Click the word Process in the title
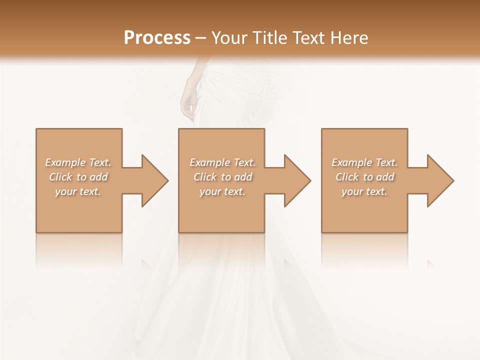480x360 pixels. (157, 38)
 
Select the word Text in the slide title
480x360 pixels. (309, 38)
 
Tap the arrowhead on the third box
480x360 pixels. (439, 180)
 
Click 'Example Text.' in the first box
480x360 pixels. (78, 162)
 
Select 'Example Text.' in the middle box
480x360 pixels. (222, 162)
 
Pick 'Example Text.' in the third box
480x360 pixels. (364, 162)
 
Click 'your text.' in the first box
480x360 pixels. (78, 191)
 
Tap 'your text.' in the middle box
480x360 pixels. (222, 191)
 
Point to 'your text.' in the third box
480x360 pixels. (364, 191)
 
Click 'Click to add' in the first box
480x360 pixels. (78, 177)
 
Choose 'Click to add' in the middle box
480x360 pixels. (222, 177)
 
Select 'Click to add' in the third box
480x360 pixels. (364, 177)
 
